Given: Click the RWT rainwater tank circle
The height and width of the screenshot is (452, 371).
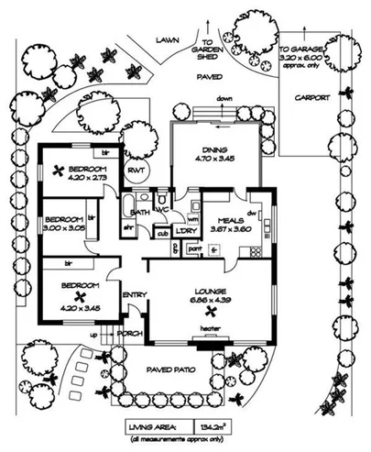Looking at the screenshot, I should [136, 171].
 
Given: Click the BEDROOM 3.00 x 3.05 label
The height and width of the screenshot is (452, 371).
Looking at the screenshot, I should [65, 220].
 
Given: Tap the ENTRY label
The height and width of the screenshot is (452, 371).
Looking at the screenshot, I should [135, 293].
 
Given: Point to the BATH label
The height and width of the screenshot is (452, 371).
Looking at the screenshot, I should [140, 211].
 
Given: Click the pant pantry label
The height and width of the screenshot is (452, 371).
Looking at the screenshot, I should [194, 247].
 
